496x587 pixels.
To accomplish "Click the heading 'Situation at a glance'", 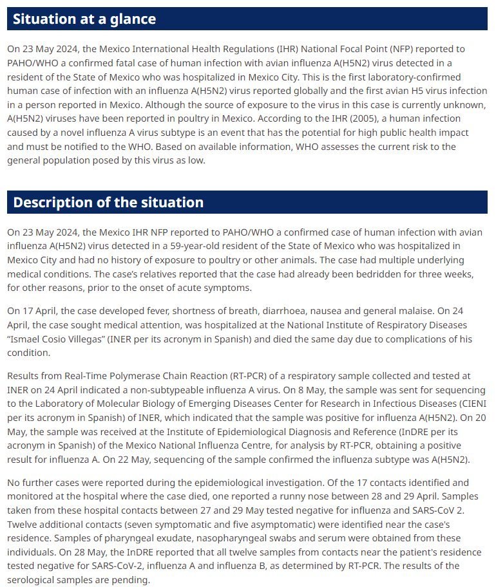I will point(84,19).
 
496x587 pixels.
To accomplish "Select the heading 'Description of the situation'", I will point(108,202).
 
